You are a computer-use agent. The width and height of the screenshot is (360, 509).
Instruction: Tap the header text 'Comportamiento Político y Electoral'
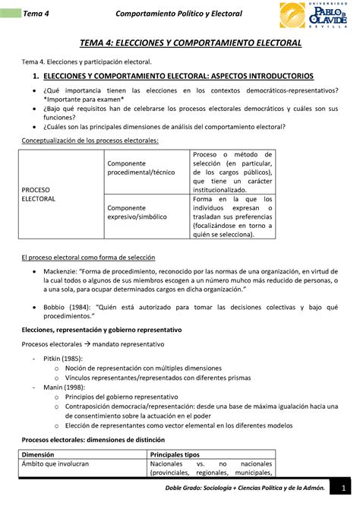coord(178,14)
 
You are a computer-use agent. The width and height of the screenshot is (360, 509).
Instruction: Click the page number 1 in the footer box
coord(344,488)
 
